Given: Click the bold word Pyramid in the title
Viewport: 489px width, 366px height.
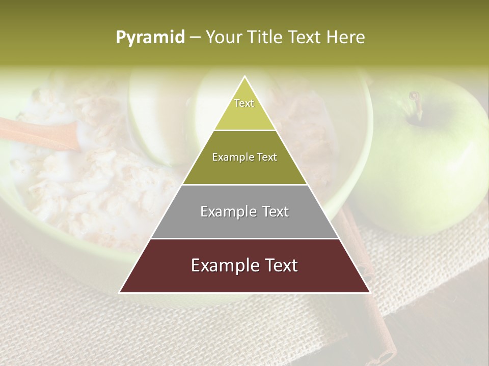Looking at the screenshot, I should [x=150, y=38].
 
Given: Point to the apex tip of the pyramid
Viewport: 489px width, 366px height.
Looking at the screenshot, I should [x=244, y=77].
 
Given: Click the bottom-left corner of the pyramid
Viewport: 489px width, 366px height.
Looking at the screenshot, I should [x=120, y=292].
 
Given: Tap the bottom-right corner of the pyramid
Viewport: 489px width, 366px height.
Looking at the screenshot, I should [x=369, y=292].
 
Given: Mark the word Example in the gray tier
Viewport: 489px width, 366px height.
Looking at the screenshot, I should [x=224, y=211].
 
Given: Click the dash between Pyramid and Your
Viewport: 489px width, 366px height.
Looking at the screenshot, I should [x=195, y=38].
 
